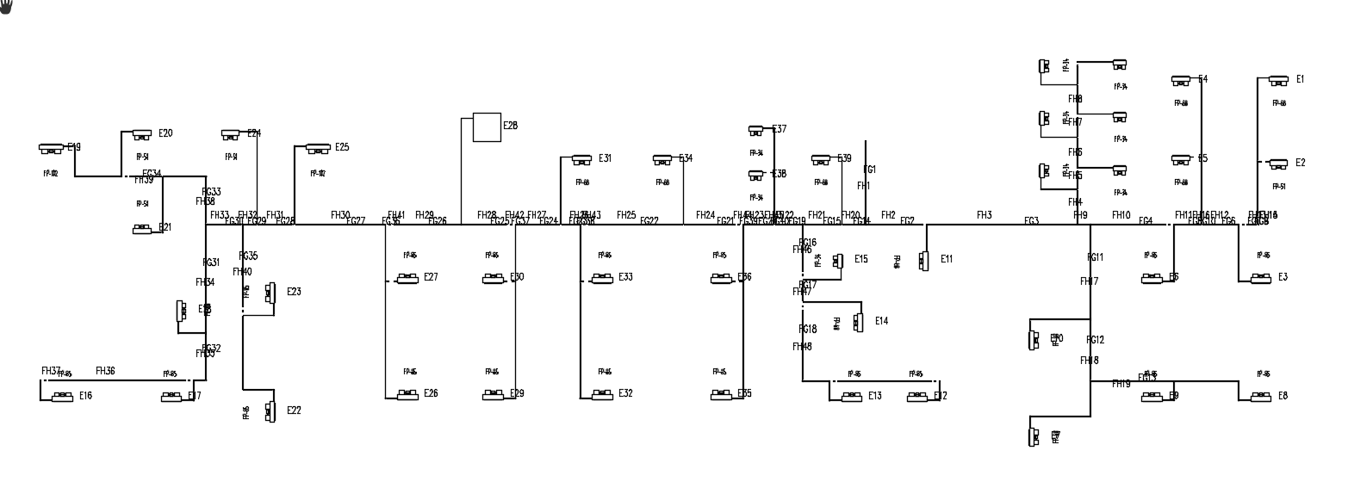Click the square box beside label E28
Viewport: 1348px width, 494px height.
[x=488, y=127]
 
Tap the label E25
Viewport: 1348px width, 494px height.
[x=342, y=147]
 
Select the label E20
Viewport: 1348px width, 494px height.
[x=165, y=133]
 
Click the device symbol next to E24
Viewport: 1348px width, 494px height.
[x=230, y=134]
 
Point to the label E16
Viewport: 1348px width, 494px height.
[x=85, y=396]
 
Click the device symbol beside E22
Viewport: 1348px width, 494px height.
[x=270, y=411]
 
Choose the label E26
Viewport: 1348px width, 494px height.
[x=431, y=393]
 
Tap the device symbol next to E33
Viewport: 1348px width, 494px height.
[x=601, y=278]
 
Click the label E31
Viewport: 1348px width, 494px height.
[x=606, y=158]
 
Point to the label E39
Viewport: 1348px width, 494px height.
[x=844, y=158]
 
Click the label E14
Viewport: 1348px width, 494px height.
[x=881, y=321]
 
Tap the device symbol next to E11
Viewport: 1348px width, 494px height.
[x=924, y=260]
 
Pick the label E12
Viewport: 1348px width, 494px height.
[x=941, y=396]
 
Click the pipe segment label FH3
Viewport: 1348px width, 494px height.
[x=984, y=215]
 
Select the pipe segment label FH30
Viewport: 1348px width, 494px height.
[x=340, y=215]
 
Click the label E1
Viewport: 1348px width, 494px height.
[x=1300, y=79]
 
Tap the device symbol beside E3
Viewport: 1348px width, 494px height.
[x=1260, y=278]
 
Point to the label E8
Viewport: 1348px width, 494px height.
[x=1283, y=396]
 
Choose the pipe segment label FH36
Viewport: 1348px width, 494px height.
[x=105, y=371]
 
